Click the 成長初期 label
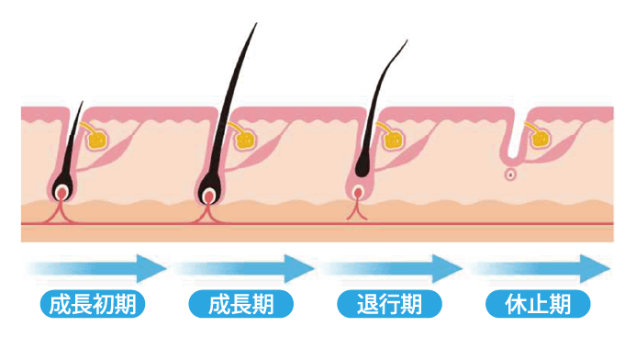tap(95, 304)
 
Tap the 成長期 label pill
tap(241, 304)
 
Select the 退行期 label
tap(389, 304)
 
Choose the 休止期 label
tap(536, 304)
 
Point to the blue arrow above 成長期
tap(244, 269)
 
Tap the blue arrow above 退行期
tap(391, 269)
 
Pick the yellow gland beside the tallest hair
tap(245, 141)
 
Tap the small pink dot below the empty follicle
tap(510, 174)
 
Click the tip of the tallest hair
tap(254, 23)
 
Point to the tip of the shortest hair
tap(83, 101)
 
